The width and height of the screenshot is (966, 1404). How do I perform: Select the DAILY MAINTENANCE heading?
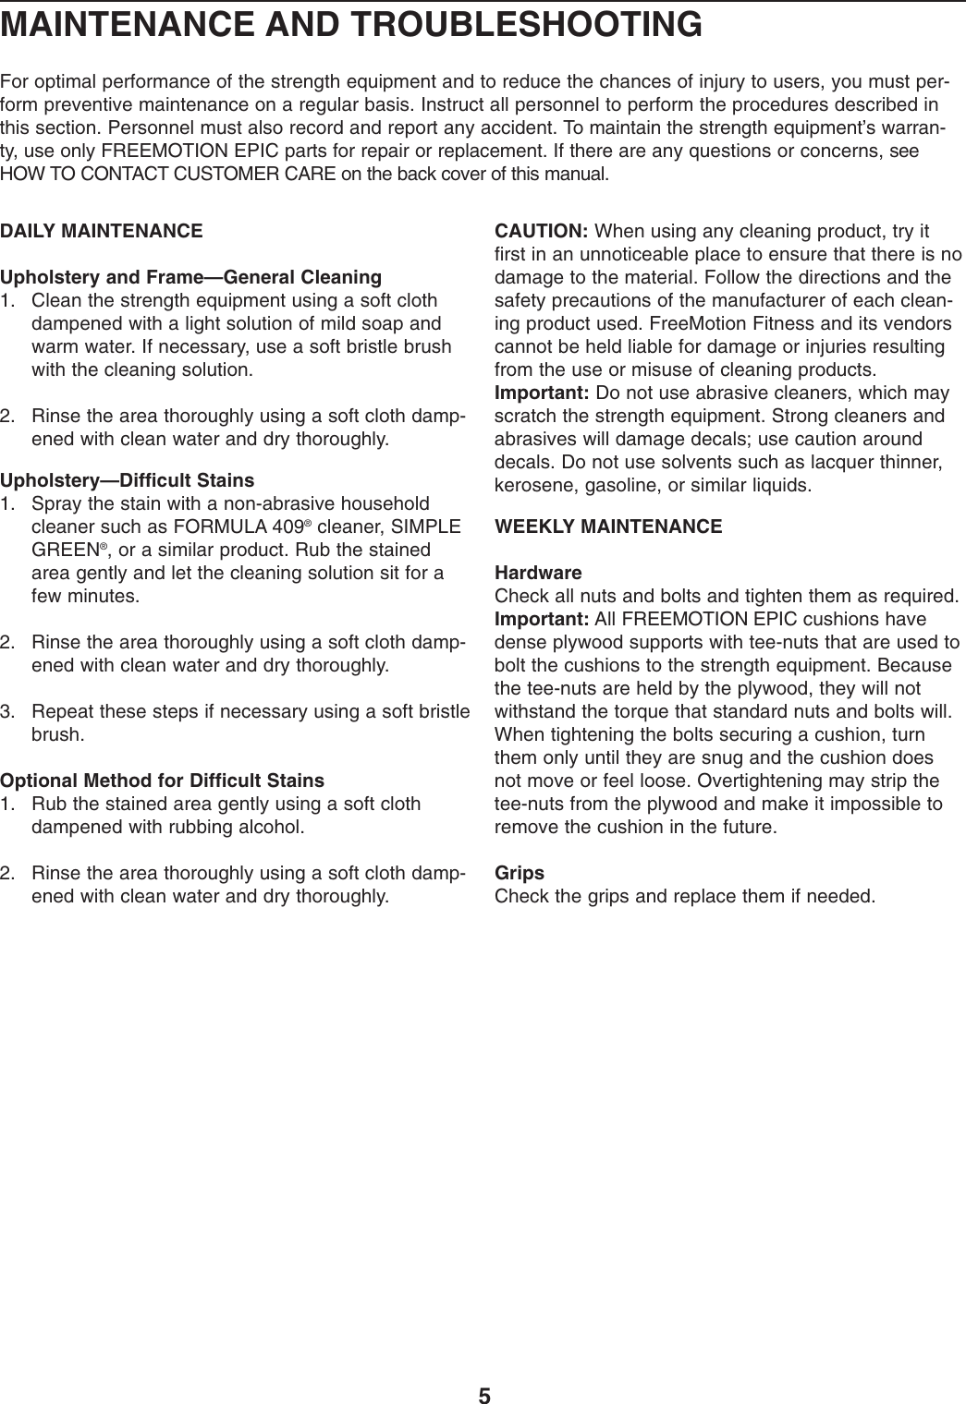[x=102, y=231]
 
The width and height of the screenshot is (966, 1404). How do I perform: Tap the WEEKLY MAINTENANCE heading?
[x=609, y=527]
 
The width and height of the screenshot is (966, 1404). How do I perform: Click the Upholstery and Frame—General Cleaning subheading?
[x=191, y=277]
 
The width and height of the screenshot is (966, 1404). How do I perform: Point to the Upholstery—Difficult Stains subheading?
[x=128, y=481]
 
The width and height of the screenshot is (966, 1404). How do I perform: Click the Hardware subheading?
[x=539, y=573]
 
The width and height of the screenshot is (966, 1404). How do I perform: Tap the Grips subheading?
[x=520, y=873]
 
